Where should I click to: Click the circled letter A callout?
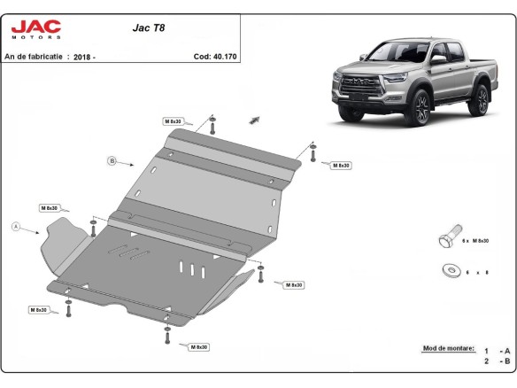pyautogui.click(x=15, y=227)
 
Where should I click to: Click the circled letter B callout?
pyautogui.click(x=112, y=160)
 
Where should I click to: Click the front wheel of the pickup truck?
pyautogui.click(x=421, y=110)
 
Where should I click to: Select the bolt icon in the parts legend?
pyautogui.click(x=447, y=240)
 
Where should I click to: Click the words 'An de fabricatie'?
pyautogui.click(x=34, y=56)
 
